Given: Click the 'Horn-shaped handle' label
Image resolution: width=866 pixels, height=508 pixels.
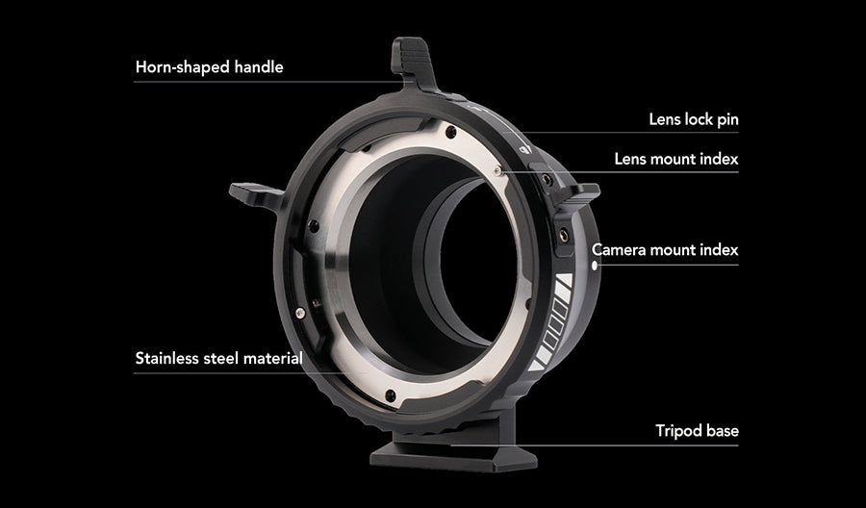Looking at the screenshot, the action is pos(210,67).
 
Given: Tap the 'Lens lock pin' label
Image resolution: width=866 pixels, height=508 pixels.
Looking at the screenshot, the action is pos(694,119).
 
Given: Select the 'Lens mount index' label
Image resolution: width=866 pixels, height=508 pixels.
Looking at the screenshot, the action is pos(676,159).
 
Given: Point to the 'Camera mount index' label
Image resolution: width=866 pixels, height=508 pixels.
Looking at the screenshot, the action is pos(665,249).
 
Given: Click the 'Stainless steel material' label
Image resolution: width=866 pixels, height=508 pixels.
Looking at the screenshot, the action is pos(218,358).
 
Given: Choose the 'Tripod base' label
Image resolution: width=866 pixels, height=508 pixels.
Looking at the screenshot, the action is pos(697,431).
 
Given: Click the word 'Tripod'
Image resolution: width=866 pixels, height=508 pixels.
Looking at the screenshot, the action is pos(678,431).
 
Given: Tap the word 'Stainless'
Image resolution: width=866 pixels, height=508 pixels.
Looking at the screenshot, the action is pos(167,358).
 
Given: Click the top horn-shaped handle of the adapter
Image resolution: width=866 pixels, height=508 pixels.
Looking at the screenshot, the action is pos(413,61).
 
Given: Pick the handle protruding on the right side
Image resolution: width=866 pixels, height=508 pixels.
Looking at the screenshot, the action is pos(577,194).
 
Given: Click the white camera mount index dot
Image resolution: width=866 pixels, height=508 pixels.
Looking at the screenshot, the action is pos(595,266).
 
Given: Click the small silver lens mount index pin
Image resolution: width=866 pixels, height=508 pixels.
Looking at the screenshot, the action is pos(497,171).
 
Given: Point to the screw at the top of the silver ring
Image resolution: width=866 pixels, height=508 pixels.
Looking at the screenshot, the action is pos(451,132).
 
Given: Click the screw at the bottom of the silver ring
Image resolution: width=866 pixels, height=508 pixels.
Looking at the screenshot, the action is pos(391,395).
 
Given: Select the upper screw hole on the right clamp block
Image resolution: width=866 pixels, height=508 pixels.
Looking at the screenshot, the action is pos(547,179).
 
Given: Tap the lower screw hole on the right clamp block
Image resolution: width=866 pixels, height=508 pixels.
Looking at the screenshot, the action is pos(563,234).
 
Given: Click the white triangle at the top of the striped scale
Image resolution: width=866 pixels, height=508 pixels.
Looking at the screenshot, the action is pos(566,280).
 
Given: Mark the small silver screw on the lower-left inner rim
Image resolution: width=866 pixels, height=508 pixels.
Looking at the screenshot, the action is pos(300,314).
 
